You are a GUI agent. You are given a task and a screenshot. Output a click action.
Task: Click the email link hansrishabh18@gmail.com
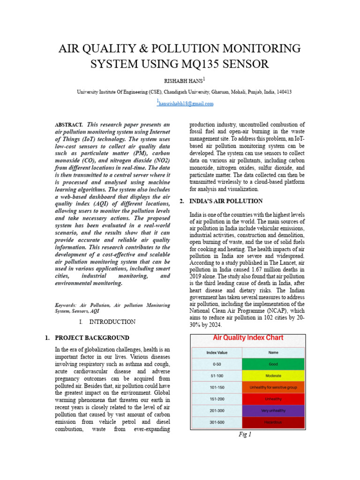pos(186,104)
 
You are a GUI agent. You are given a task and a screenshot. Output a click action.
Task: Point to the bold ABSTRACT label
pos(69,125)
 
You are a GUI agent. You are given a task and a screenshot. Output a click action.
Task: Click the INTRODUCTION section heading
pos(112,322)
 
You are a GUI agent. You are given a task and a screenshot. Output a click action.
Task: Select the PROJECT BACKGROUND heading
pos(92,337)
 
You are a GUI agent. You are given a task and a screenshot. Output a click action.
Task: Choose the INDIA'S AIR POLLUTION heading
pos(226,201)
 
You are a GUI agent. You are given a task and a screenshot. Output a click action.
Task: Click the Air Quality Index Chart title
pos(248,337)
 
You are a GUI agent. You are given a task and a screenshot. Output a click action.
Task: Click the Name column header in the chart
pos(273,352)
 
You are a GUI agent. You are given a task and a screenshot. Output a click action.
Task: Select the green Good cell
pos(273,364)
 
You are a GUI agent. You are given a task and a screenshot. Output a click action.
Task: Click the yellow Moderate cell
pos(273,375)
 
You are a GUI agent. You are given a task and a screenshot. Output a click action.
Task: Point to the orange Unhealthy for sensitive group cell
pos(273,387)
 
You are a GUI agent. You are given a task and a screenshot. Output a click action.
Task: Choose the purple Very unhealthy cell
pos(273,411)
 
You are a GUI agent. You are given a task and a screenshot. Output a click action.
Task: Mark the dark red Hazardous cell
pos(273,422)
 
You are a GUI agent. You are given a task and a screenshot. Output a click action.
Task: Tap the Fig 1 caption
pos(245,435)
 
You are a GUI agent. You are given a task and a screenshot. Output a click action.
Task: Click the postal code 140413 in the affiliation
pos(283,92)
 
